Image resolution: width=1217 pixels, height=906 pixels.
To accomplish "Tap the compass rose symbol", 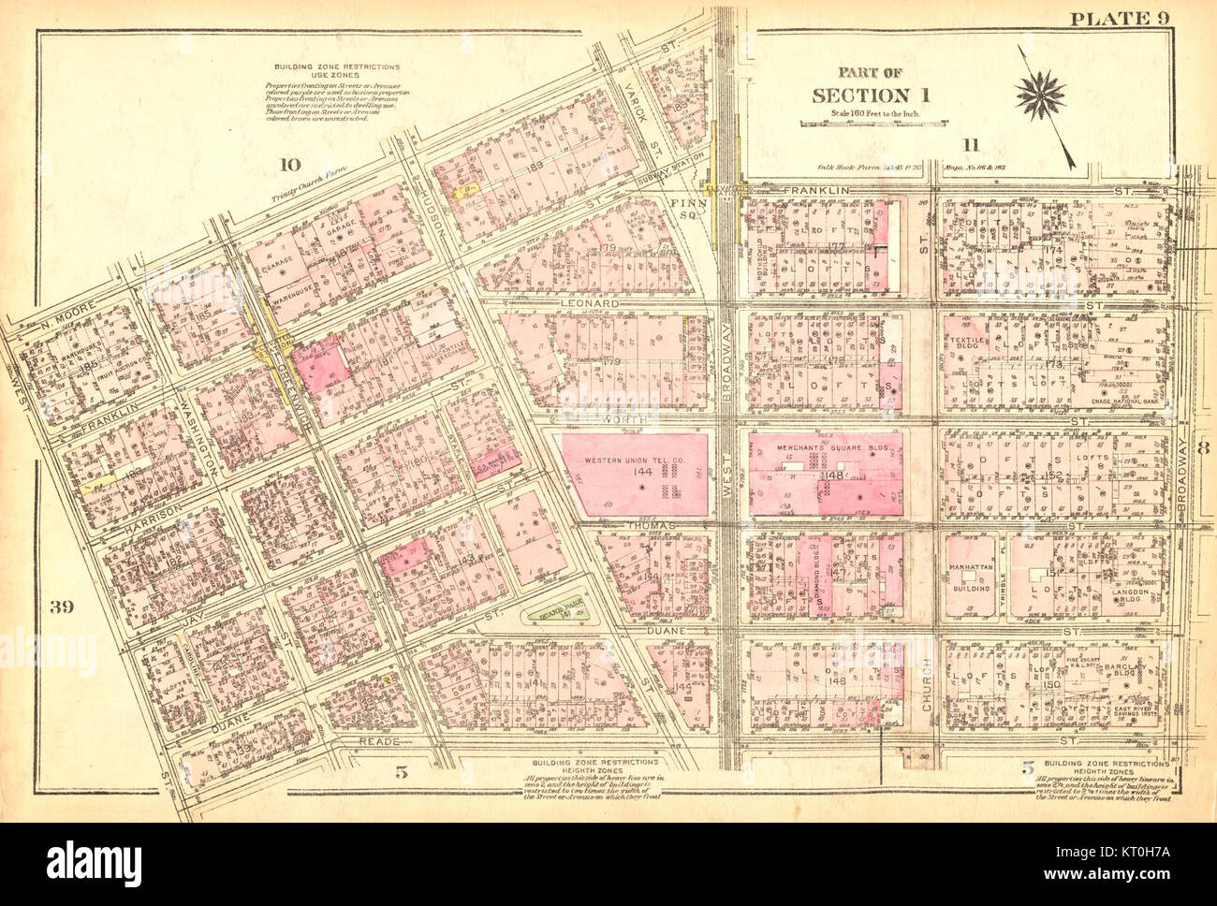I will [1041, 93].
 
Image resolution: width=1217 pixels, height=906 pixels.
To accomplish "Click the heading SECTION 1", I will [858, 95].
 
